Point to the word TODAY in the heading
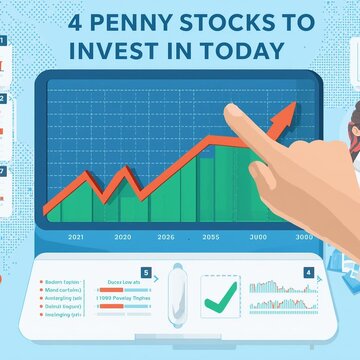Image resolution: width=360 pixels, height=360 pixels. [x=244, y=50]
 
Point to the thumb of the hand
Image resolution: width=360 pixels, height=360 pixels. [x=262, y=180]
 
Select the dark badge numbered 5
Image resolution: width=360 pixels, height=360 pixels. [x=146, y=271]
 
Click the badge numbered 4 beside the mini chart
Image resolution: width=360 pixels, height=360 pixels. [x=308, y=272]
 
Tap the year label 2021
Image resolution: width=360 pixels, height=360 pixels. [x=74, y=237]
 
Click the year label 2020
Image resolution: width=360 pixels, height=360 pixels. [x=122, y=237]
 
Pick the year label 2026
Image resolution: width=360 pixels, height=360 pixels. [x=165, y=237]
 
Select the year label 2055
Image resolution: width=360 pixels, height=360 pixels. [x=210, y=237]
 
